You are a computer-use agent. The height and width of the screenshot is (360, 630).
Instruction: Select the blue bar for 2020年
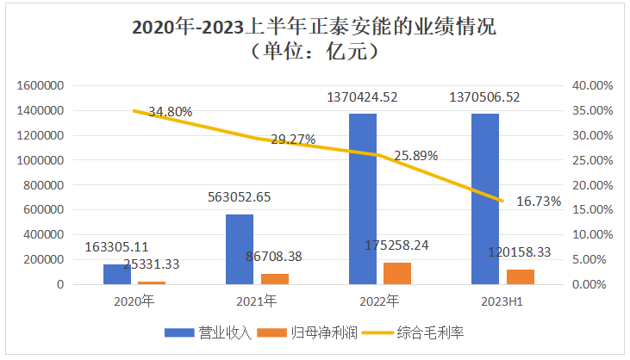pyautogui.click(x=117, y=274)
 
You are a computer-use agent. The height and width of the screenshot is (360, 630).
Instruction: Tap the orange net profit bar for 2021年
pyautogui.click(x=275, y=278)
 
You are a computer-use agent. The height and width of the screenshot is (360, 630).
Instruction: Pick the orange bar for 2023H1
pyautogui.click(x=521, y=276)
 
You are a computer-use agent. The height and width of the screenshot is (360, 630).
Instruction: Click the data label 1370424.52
pyautogui.click(x=362, y=97)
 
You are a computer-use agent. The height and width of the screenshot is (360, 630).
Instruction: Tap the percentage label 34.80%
pyautogui.click(x=171, y=112)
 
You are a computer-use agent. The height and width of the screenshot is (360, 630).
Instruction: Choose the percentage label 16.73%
pyautogui.click(x=539, y=202)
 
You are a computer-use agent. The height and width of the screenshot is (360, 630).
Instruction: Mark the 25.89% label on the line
pyautogui.click(x=416, y=156)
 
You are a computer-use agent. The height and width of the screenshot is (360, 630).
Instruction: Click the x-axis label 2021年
pyautogui.click(x=257, y=301)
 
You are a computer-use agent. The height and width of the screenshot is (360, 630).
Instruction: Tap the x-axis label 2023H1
pyautogui.click(x=502, y=301)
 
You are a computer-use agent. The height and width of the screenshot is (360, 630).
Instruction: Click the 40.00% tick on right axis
pyautogui.click(x=591, y=85)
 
